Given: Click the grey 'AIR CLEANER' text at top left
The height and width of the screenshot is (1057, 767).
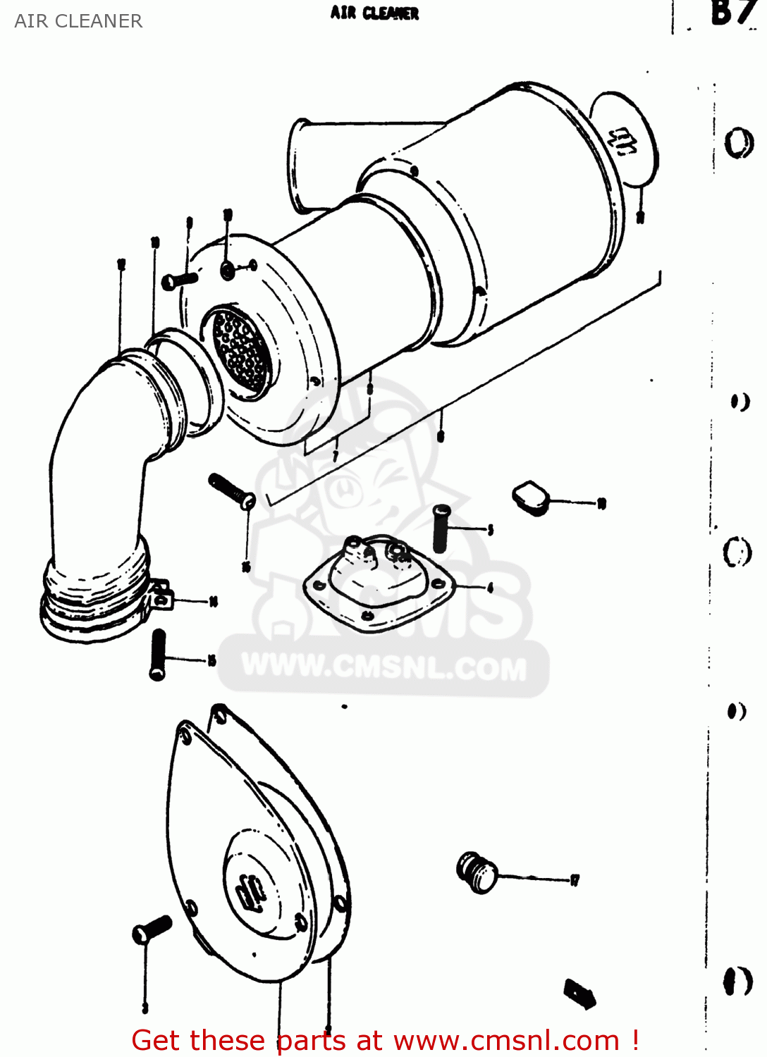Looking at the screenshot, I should point(78,21).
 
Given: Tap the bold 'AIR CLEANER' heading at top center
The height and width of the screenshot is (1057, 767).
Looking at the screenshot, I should point(374,13).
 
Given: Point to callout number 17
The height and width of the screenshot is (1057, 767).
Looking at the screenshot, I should point(575,879).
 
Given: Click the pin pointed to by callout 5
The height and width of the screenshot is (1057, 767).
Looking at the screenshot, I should point(442,528).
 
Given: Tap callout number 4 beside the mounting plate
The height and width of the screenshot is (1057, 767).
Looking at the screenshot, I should point(490,587).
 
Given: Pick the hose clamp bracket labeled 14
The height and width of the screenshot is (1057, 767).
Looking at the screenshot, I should point(161,593).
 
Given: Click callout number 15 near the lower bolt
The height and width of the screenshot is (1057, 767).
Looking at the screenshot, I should point(211,660).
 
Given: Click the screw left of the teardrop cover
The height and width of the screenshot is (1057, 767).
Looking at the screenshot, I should point(152,929).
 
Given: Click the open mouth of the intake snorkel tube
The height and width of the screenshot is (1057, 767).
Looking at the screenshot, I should point(300,166).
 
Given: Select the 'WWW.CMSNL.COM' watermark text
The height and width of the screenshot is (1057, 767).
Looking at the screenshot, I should point(384,667).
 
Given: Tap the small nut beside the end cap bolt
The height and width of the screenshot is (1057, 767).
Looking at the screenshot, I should point(228,270).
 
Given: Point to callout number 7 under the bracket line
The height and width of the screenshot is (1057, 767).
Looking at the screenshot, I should point(336,456).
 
